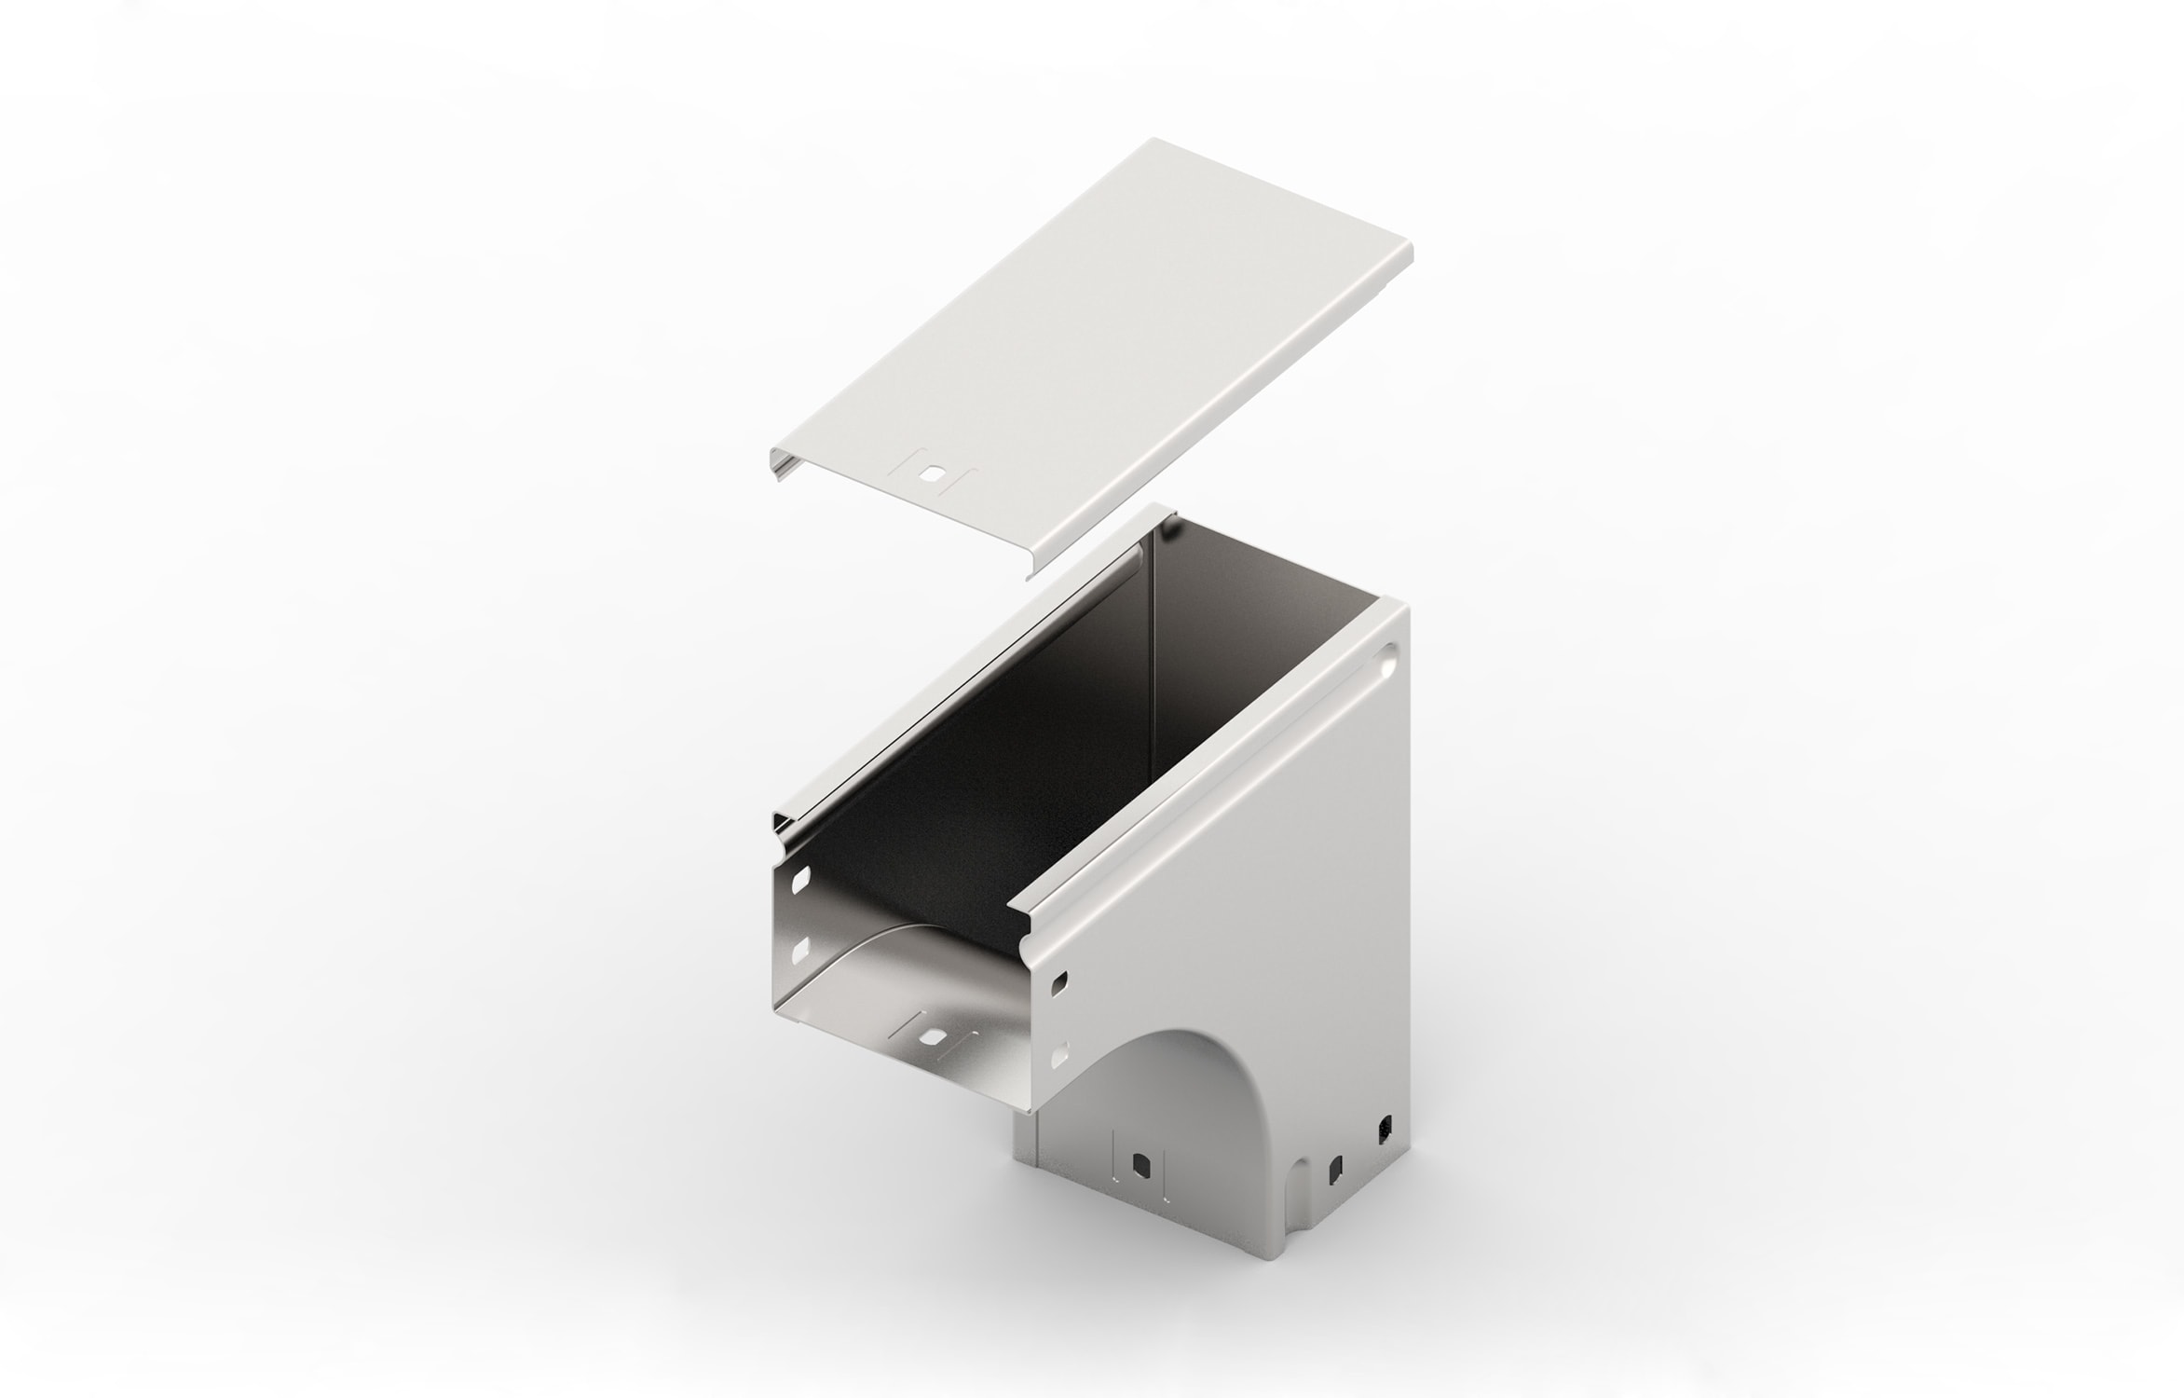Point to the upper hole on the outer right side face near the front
coord(1059,980)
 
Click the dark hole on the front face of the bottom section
coord(1139,1164)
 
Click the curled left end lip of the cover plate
coord(775,464)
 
